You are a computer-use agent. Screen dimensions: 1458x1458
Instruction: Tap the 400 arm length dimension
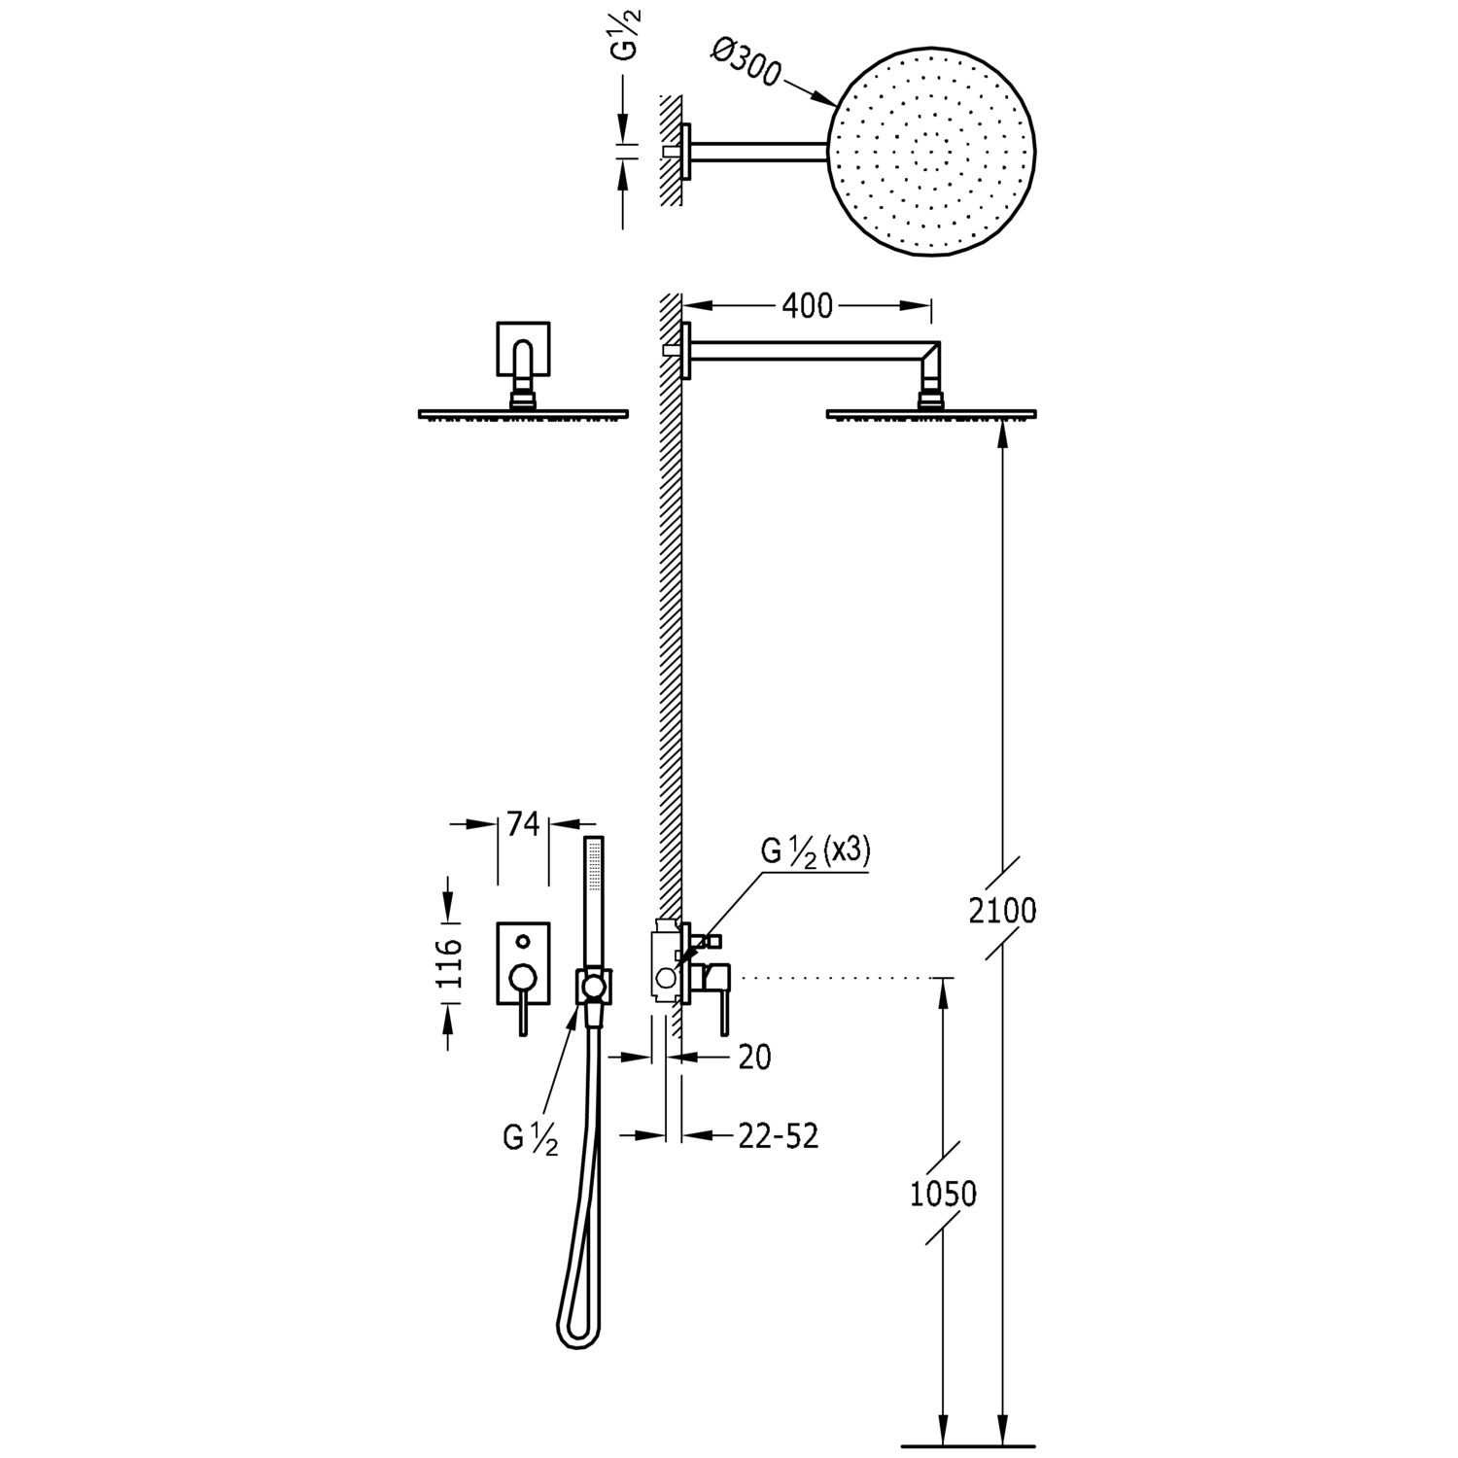[x=807, y=306]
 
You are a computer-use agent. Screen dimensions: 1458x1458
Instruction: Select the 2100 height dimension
[x=1003, y=911]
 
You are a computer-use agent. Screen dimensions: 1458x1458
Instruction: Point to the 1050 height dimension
[x=943, y=1194]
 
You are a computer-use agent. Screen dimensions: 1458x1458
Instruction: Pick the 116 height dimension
[x=449, y=962]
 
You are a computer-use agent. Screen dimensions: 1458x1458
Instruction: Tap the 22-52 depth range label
[x=778, y=1134]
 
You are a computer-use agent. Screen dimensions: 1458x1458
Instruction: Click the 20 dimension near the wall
[x=754, y=1057]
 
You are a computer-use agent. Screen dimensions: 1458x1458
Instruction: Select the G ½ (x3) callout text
[x=816, y=851]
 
